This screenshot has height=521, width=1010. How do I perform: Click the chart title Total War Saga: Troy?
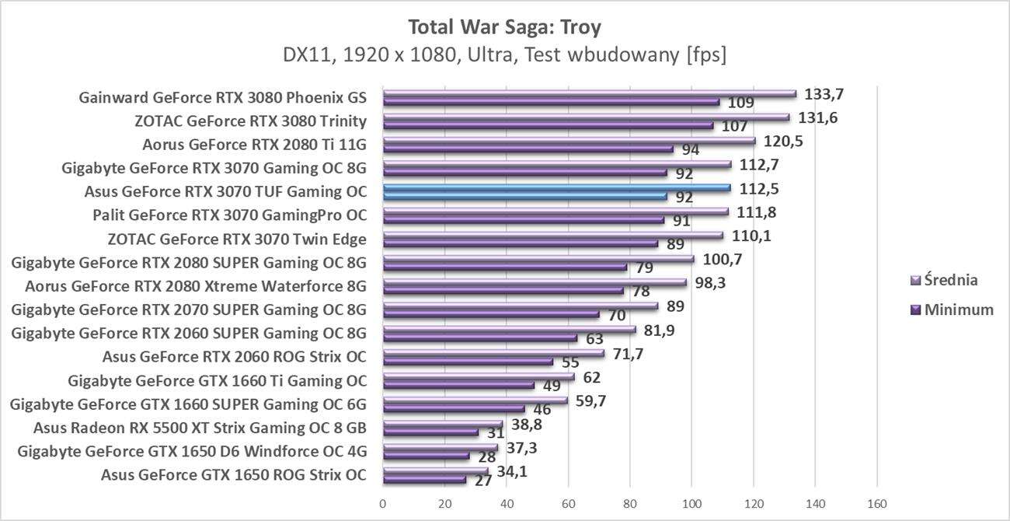pos(504,27)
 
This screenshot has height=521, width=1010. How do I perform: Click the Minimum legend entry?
pos(951,309)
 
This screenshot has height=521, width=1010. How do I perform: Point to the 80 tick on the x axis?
pos(629,504)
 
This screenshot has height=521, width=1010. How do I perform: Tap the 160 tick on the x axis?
pos(876,504)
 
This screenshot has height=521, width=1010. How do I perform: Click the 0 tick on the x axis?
pos(382,504)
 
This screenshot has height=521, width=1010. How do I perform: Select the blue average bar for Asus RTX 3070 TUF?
pos(555,187)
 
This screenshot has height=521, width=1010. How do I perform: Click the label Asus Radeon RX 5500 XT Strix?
pos(200,428)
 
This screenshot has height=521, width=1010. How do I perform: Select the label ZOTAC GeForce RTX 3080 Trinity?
pos(250,121)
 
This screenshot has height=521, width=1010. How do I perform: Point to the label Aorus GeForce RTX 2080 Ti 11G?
pos(254,144)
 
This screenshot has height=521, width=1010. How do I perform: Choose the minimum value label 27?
pos(482,481)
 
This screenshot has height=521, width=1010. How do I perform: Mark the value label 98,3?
pos(710,282)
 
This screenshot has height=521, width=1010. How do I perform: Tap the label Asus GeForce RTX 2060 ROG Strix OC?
pos(234,358)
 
